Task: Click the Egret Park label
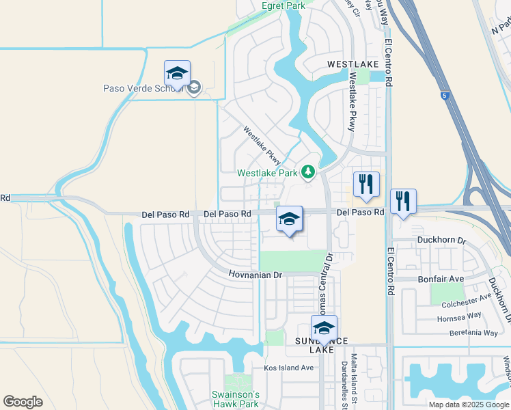[x=284, y=5]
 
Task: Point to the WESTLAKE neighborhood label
[x=353, y=64]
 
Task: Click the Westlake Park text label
[x=267, y=173]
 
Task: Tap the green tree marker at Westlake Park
[x=308, y=171]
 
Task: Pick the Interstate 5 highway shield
[x=445, y=96]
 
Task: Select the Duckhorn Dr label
[x=443, y=241]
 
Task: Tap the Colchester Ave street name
[x=466, y=298]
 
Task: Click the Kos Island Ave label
[x=288, y=368]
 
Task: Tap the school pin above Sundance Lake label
[x=324, y=328]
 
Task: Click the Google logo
[x=23, y=402]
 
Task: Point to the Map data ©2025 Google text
[x=469, y=405]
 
